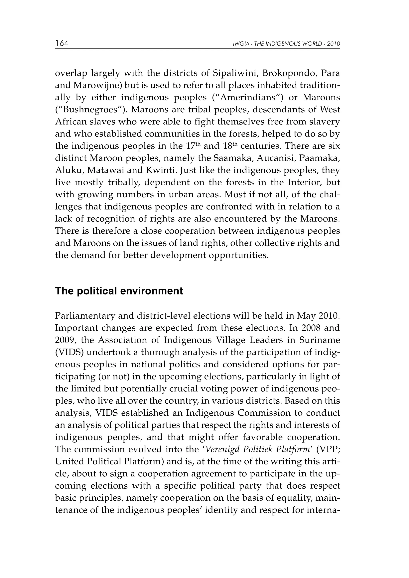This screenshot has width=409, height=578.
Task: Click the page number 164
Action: (62, 43)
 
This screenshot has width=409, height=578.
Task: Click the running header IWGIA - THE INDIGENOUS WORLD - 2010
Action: (287, 44)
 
